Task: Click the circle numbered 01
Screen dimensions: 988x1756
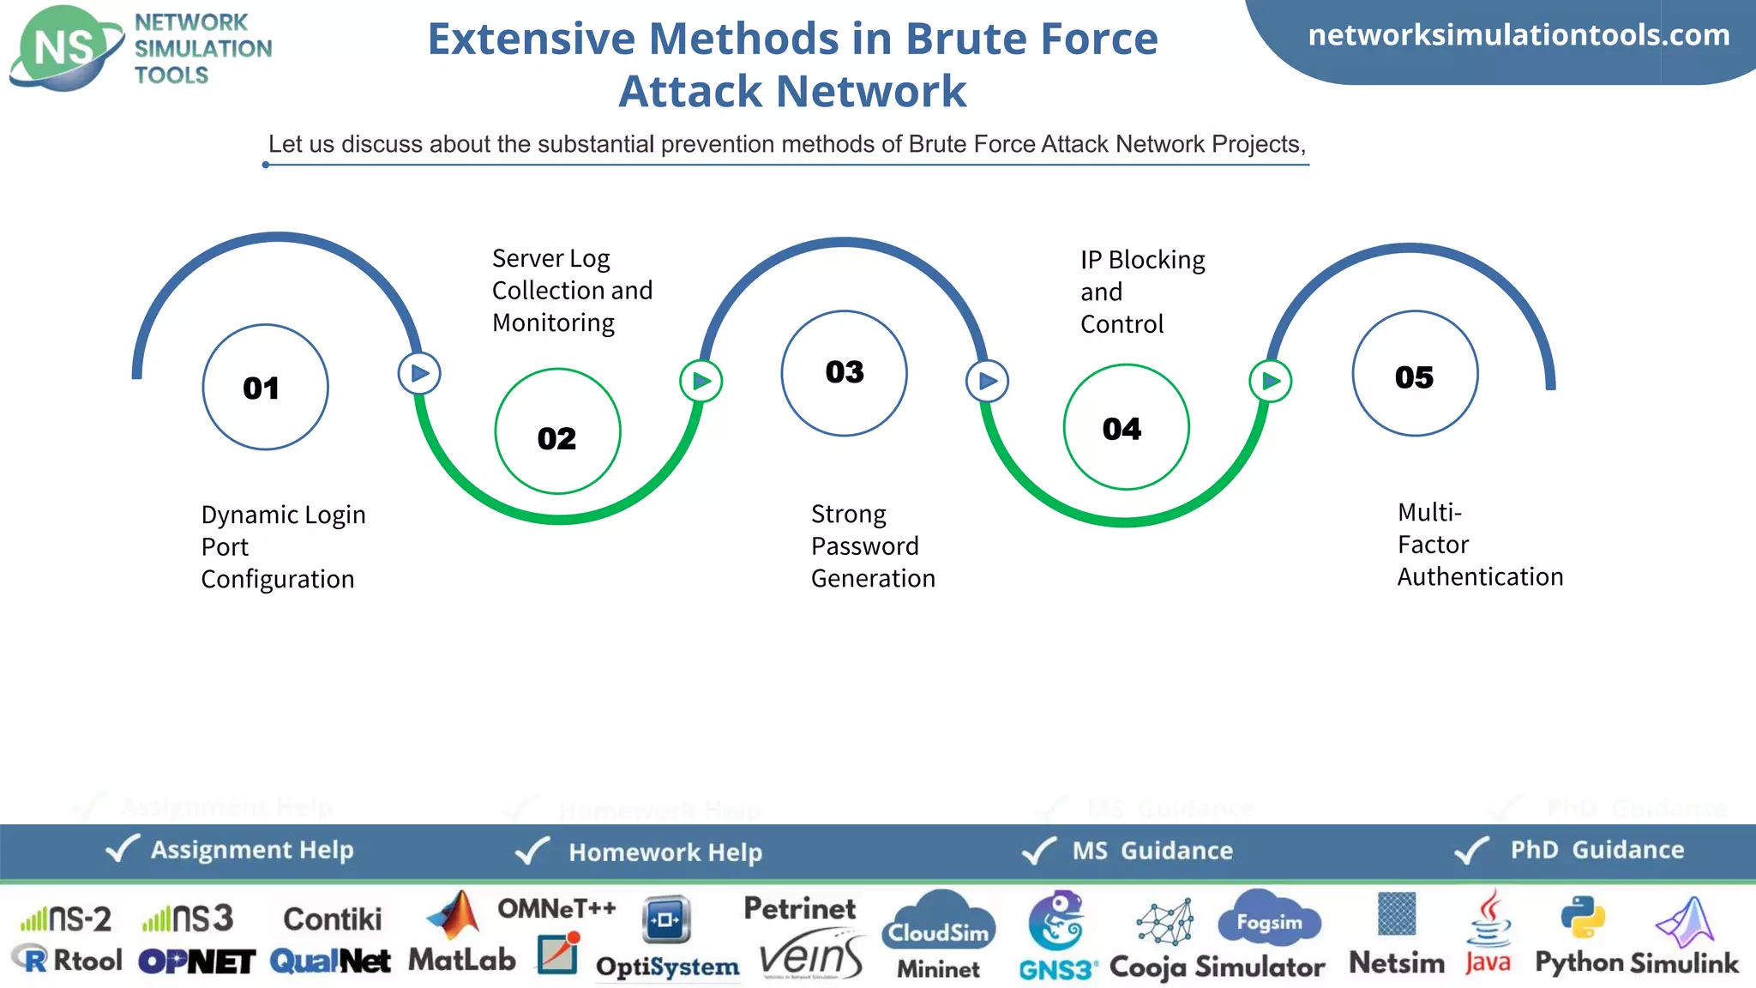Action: (265, 387)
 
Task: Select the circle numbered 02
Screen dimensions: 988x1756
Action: (557, 431)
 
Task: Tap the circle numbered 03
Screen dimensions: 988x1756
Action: (844, 373)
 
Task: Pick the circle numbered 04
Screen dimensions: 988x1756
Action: (1126, 427)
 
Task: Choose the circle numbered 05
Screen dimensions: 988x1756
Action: (1415, 373)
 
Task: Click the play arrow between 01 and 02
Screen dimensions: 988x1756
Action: (419, 374)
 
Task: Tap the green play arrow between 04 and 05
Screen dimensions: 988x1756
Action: (1270, 381)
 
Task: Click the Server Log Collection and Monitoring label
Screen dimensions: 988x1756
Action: (571, 291)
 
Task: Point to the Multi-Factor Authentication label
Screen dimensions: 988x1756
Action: (1479, 545)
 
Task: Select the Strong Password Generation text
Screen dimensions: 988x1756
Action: (872, 546)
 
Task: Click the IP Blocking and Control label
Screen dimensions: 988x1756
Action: (1141, 292)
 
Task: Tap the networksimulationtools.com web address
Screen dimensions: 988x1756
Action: (1518, 35)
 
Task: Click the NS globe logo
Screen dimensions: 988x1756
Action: (65, 47)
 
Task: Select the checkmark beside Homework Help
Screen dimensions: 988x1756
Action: (532, 851)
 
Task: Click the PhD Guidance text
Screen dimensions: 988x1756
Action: (1597, 850)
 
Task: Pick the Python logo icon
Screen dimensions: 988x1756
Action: (1582, 918)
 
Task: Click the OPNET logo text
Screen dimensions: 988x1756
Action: (196, 961)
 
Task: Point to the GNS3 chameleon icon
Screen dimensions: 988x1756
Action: (1055, 921)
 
